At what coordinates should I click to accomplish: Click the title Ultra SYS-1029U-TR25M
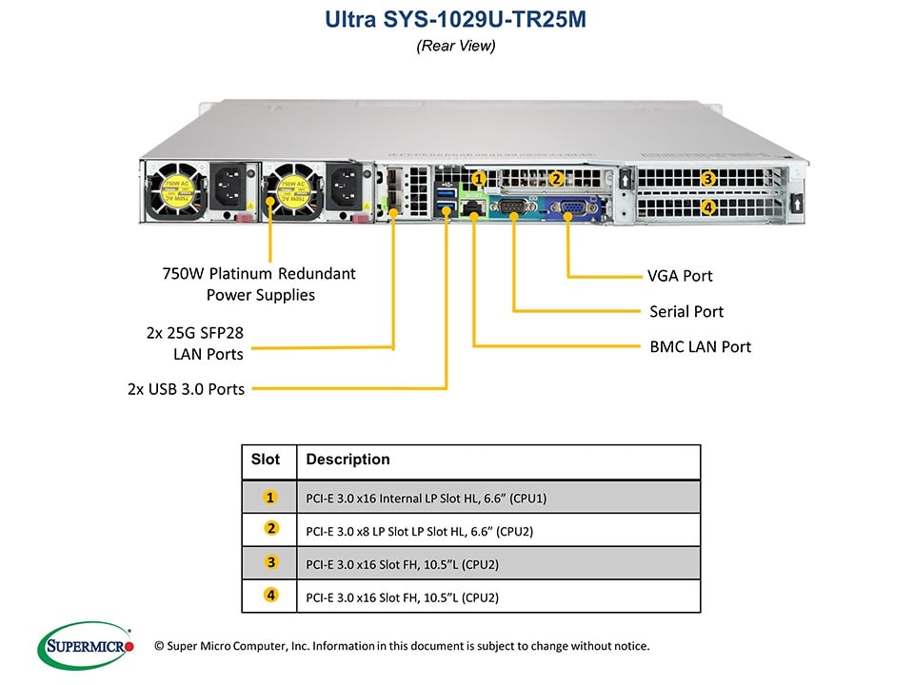pyautogui.click(x=456, y=18)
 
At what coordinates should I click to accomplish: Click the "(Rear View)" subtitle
pyautogui.click(x=456, y=46)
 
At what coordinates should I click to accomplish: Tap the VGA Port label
pyautogui.click(x=680, y=276)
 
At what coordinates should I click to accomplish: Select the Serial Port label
pyautogui.click(x=685, y=311)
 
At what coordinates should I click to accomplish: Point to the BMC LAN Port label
pyautogui.click(x=700, y=346)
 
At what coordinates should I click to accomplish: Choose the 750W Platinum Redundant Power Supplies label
pyautogui.click(x=260, y=284)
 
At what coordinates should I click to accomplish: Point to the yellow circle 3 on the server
pyautogui.click(x=707, y=178)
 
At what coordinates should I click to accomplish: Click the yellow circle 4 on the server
pyautogui.click(x=707, y=206)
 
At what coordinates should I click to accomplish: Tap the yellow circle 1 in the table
pyautogui.click(x=271, y=497)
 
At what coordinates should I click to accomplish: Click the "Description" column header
pyautogui.click(x=348, y=460)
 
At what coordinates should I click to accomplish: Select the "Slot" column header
pyautogui.click(x=266, y=460)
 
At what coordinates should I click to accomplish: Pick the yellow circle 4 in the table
pyautogui.click(x=271, y=597)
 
